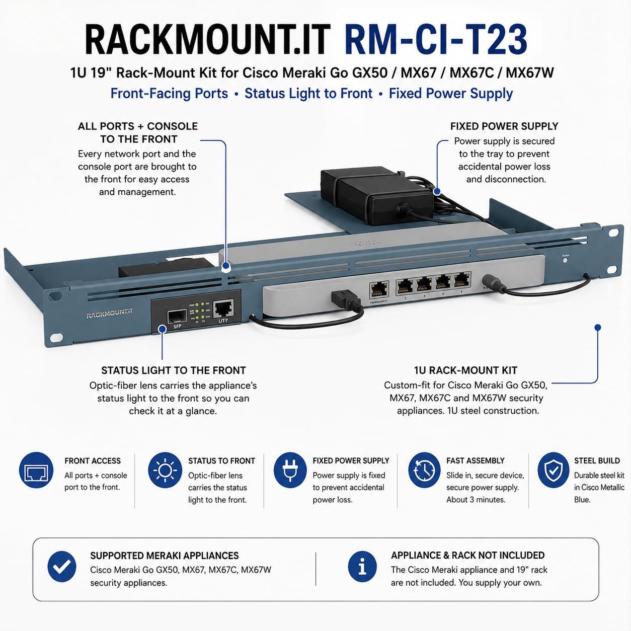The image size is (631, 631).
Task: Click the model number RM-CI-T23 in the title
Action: [x=436, y=40]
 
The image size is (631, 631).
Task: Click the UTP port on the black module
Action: [x=223, y=309]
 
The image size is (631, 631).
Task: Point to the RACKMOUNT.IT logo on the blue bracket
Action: [x=109, y=313]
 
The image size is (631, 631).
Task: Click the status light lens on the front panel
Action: [x=565, y=261]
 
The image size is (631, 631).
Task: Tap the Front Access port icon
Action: [x=36, y=470]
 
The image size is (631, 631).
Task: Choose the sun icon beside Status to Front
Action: [x=165, y=470]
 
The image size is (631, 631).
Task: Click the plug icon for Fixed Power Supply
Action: [x=290, y=470]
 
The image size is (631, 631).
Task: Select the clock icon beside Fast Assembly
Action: [x=425, y=470]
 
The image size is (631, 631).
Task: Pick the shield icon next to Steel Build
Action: [x=553, y=470]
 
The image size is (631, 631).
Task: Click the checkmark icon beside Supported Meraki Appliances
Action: [x=61, y=566]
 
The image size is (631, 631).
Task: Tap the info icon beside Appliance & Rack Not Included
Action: [x=362, y=566]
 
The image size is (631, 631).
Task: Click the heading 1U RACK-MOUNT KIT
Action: [x=465, y=370]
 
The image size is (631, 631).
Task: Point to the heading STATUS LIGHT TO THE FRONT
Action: [x=174, y=370]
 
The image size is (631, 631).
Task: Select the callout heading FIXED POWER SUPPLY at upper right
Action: [x=504, y=126]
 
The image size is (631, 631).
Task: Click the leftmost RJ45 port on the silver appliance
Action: [x=379, y=289]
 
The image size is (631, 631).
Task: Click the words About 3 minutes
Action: [x=476, y=500]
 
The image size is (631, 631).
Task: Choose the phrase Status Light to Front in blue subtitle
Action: [x=308, y=93]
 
